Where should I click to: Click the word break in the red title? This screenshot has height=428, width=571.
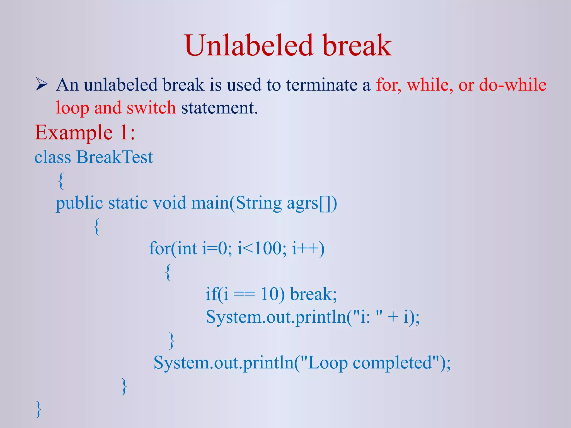pyautogui.click(x=357, y=45)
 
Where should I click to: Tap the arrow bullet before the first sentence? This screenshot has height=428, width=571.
pyautogui.click(x=42, y=84)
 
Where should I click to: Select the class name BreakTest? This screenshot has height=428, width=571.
pyautogui.click(x=115, y=157)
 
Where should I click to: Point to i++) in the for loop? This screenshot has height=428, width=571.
pyautogui.click(x=308, y=248)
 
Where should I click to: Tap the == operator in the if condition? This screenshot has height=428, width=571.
pyautogui.click(x=244, y=294)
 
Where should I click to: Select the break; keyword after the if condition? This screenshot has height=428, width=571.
pyautogui.click(x=313, y=294)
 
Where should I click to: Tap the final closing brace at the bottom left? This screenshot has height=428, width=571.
pyautogui.click(x=38, y=409)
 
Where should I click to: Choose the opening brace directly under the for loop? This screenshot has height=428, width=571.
pyautogui.click(x=168, y=272)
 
